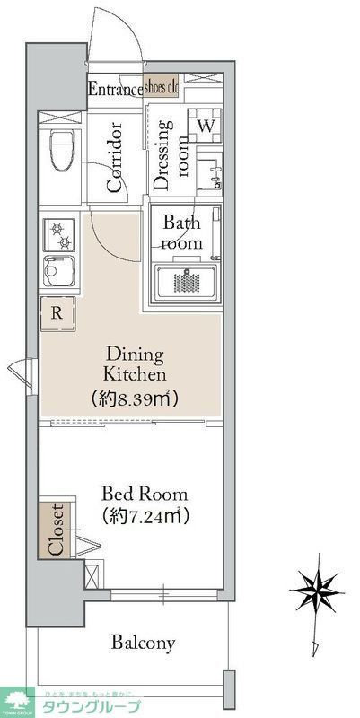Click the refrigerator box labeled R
57,313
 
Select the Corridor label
114,159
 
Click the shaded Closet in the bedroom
56,531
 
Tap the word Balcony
143,643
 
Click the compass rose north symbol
315,592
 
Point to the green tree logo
17,700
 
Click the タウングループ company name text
88,705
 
